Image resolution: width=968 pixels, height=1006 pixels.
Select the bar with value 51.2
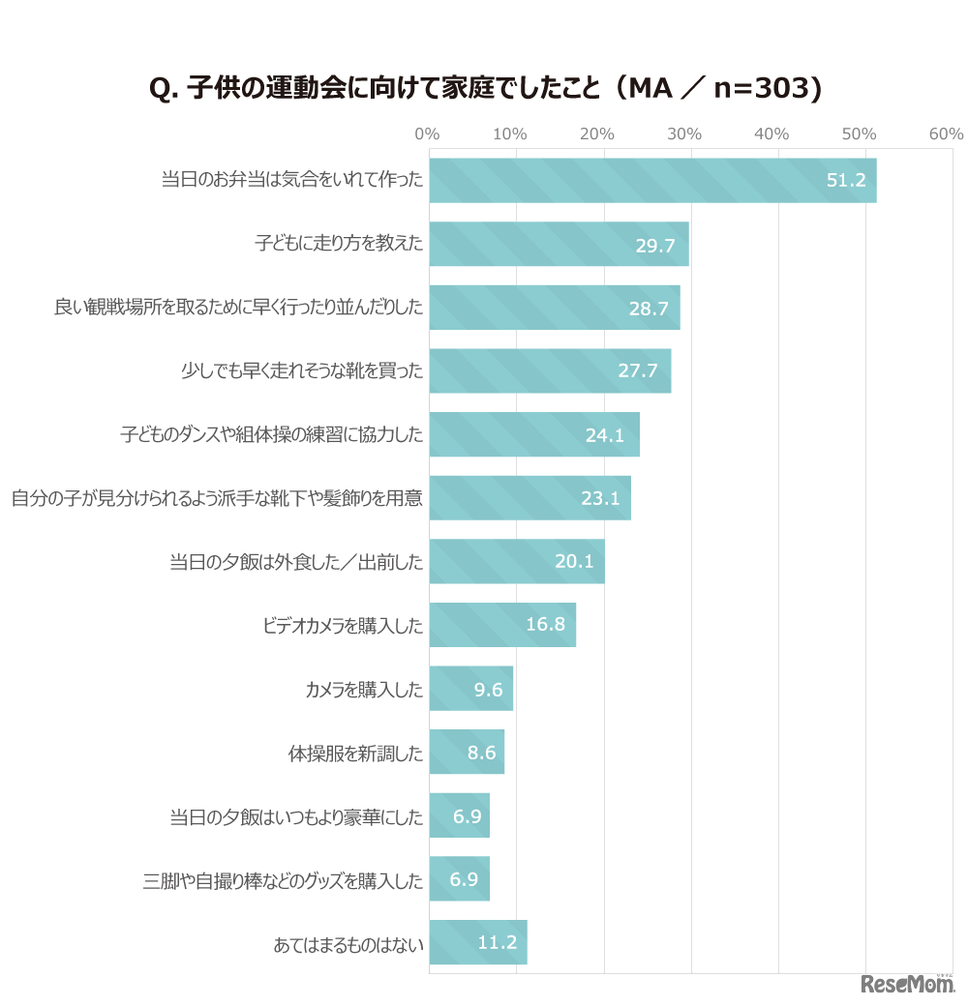pos(652,181)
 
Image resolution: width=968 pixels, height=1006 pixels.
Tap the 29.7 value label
pos(655,245)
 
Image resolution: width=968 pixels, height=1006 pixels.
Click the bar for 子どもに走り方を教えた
pos(559,244)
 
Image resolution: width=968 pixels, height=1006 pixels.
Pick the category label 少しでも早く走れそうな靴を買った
pos(302,371)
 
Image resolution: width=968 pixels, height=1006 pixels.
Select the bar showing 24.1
pos(533,434)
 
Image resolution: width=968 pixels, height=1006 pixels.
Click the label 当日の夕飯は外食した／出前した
pos(296,562)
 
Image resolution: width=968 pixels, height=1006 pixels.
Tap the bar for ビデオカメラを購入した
pos(501,625)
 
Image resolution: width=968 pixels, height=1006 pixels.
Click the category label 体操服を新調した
pos(355,754)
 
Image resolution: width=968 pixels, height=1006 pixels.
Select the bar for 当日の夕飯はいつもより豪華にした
pos(459,816)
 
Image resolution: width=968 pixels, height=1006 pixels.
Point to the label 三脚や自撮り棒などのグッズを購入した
pos(283,881)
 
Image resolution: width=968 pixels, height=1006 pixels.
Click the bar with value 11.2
pos(477,943)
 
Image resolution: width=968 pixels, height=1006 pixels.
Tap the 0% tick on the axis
pos(427,134)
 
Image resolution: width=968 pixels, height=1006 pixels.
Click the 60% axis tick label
pos(946,134)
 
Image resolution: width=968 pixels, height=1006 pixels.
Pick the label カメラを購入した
pos(364,690)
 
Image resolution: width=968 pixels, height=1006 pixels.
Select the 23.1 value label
pos(600,499)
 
